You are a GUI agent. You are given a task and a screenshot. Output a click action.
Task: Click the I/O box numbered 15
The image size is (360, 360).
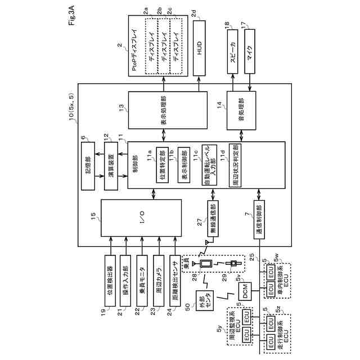point(144,217)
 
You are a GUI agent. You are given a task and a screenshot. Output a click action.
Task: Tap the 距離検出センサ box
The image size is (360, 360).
point(175,277)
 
